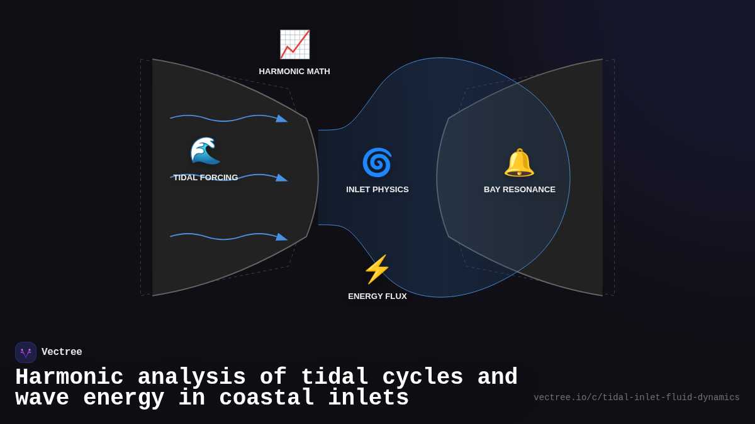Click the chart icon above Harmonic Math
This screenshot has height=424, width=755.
(294, 45)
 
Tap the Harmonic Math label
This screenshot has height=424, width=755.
(294, 72)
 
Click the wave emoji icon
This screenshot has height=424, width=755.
(205, 151)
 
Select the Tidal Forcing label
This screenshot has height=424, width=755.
(206, 178)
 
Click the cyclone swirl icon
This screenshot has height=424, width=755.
(377, 163)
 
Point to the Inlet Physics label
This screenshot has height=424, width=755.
(377, 190)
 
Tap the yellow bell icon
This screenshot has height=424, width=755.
(519, 163)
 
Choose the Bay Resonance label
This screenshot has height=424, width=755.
(520, 190)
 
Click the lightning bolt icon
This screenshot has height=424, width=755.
(377, 269)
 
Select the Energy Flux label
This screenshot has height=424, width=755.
(377, 296)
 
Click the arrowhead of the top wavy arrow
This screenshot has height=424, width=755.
(282, 119)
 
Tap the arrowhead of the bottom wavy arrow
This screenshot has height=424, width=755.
(282, 237)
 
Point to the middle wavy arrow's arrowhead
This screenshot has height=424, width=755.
(282, 178)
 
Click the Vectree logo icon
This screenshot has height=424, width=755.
(26, 352)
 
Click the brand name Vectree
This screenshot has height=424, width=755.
(62, 352)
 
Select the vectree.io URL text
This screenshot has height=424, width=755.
(637, 398)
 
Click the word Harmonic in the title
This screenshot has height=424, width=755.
(69, 378)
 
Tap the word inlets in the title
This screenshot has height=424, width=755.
(369, 398)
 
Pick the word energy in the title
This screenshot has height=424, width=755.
(123, 398)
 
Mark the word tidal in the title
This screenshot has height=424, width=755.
(334, 378)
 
